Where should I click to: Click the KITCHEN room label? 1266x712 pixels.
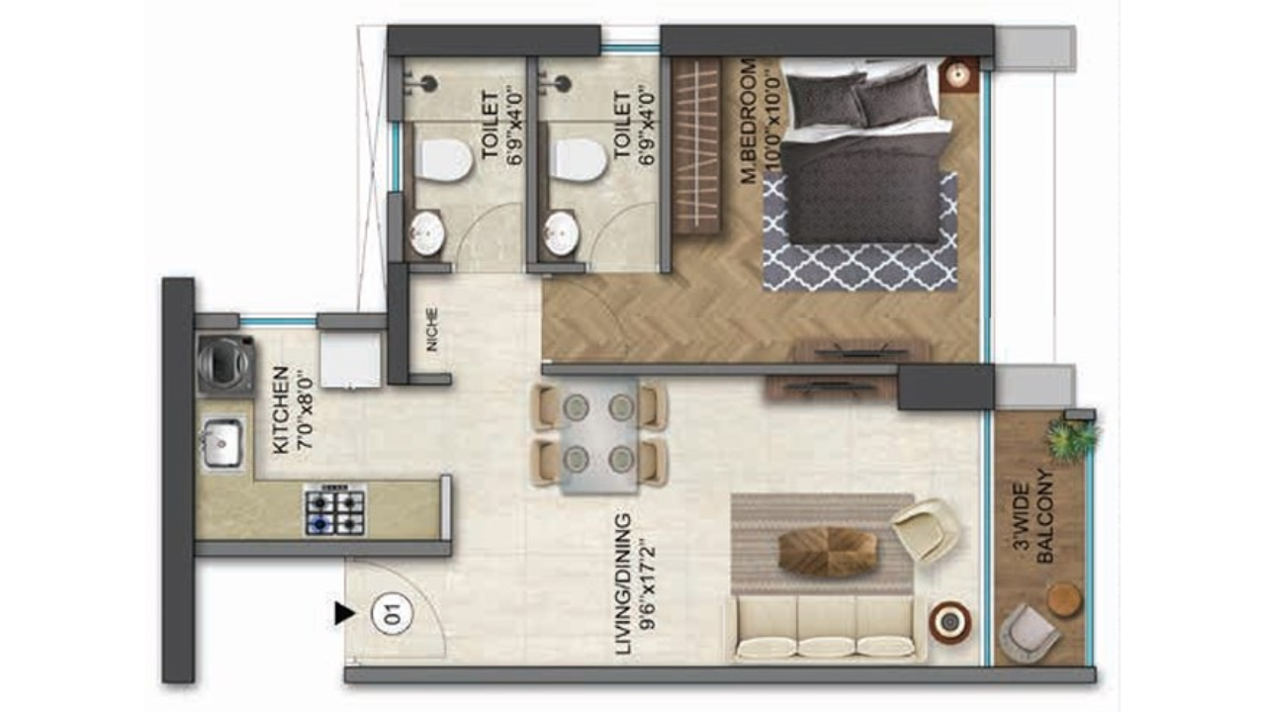[282, 409]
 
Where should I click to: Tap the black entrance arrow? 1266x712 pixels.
[343, 614]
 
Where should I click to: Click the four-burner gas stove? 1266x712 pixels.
[334, 510]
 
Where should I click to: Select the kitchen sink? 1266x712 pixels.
[221, 442]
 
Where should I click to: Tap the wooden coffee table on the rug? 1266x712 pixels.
[827, 552]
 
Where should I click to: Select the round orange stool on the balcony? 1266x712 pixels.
[1065, 599]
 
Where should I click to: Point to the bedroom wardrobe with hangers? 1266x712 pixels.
[696, 145]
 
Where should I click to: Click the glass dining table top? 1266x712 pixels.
[598, 435]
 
